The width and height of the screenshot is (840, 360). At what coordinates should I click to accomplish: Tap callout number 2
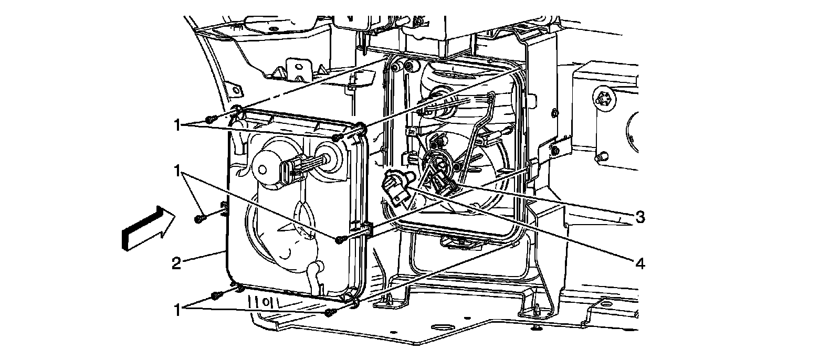pos(176,262)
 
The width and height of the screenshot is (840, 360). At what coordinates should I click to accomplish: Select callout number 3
pos(639,216)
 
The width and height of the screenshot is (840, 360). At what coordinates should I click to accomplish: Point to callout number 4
pos(639,264)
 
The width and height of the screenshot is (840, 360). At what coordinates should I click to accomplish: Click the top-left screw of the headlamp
pos(210,119)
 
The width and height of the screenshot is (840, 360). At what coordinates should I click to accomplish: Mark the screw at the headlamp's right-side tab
pos(340,240)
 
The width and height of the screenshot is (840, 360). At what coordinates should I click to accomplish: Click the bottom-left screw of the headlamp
pos(216,295)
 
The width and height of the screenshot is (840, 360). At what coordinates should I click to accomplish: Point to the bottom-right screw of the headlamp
pos(330,313)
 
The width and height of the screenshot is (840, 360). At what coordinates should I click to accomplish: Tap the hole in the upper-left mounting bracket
pos(301,67)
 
